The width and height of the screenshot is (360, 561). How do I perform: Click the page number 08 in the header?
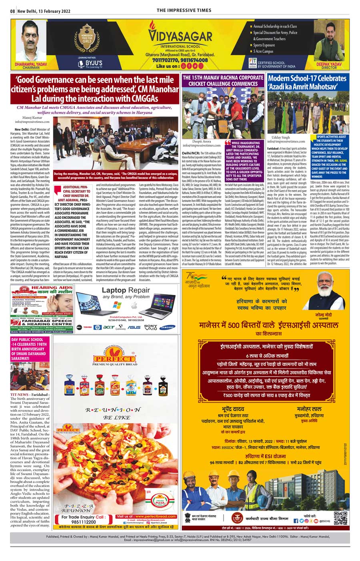click(13, 11)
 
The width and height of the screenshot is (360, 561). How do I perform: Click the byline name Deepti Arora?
click(202, 141)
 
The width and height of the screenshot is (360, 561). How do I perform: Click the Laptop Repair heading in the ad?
click(126, 290)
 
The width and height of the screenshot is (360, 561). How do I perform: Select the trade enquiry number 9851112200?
click(84, 522)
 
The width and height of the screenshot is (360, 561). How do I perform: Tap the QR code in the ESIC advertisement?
click(340, 518)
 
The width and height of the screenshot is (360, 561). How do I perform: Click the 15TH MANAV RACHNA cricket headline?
click(223, 80)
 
